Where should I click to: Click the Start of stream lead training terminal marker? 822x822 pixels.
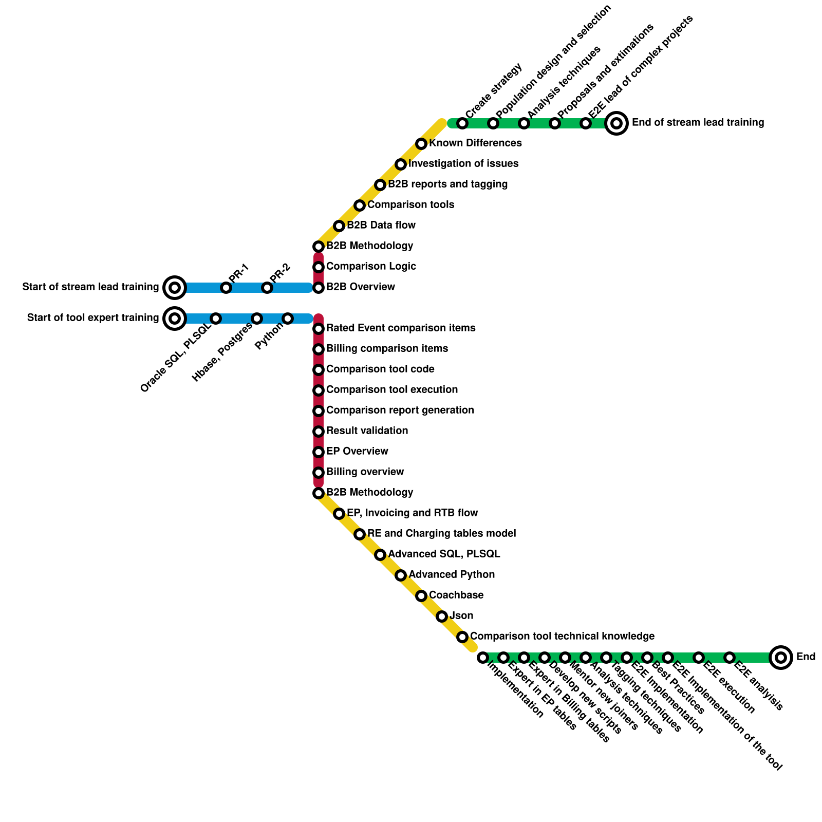(x=175, y=288)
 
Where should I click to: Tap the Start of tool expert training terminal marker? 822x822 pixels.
(x=175, y=319)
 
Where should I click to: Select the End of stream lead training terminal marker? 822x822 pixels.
(x=616, y=123)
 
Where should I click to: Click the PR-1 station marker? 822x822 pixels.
(x=226, y=288)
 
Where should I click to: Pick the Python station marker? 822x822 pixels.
(x=288, y=319)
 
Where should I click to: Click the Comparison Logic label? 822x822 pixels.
(x=371, y=267)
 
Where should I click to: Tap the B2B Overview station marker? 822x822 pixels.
(x=319, y=288)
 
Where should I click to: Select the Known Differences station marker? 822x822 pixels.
(x=421, y=144)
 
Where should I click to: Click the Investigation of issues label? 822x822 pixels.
(x=463, y=164)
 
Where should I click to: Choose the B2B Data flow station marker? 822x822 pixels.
(x=339, y=226)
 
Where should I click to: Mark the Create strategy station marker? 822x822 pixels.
(x=462, y=123)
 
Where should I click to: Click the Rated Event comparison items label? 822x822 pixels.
(x=401, y=328)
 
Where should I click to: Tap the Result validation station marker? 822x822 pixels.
(x=319, y=432)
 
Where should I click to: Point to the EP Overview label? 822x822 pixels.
(x=357, y=452)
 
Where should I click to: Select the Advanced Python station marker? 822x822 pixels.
(x=401, y=575)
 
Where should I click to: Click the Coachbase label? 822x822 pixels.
(x=456, y=595)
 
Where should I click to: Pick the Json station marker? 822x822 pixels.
(x=442, y=616)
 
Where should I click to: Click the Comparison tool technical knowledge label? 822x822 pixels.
(x=562, y=637)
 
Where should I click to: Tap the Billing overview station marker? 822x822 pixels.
(x=319, y=473)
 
